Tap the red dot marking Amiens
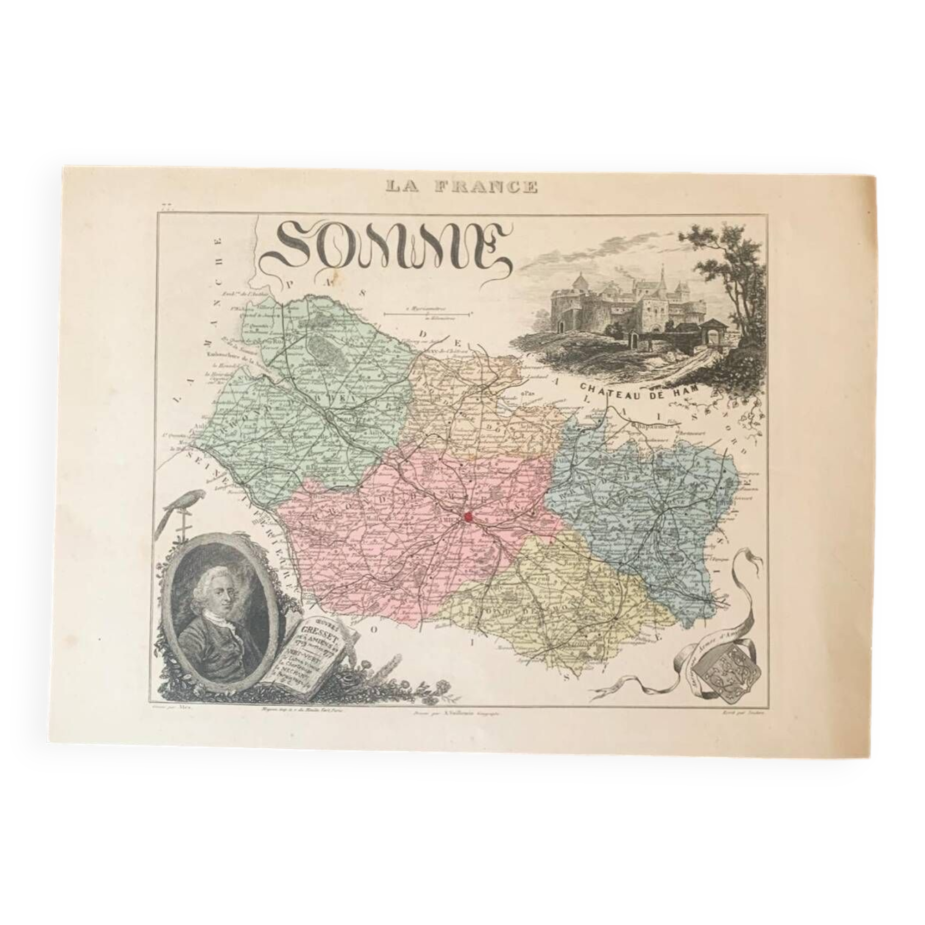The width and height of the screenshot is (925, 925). click(469, 517)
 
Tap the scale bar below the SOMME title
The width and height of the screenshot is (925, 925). click(425, 314)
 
